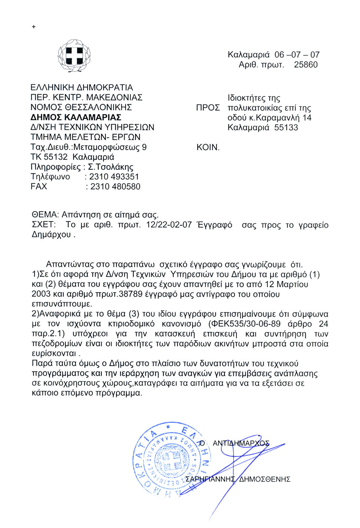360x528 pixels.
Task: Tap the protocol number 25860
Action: (x=305, y=65)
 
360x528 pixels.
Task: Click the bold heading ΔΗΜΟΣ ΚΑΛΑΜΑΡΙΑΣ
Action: (x=76, y=117)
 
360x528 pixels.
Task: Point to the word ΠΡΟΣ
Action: (x=208, y=108)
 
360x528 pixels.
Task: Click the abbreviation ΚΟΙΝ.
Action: (x=208, y=147)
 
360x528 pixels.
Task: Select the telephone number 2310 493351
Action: (x=114, y=177)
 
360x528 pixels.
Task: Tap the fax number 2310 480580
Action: (x=115, y=187)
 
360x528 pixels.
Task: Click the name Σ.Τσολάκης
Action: (x=111, y=167)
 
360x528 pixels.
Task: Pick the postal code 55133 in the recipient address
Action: (x=286, y=128)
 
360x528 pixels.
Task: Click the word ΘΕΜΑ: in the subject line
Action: (x=45, y=215)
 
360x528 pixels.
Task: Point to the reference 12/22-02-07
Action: (x=169, y=225)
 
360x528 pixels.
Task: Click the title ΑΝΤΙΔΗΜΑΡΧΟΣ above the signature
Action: (x=241, y=443)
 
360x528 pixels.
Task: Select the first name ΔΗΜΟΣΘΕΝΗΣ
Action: (x=264, y=479)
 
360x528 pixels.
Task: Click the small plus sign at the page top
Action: (x=34, y=27)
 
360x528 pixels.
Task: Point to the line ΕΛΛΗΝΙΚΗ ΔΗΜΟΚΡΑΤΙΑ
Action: (x=82, y=87)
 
